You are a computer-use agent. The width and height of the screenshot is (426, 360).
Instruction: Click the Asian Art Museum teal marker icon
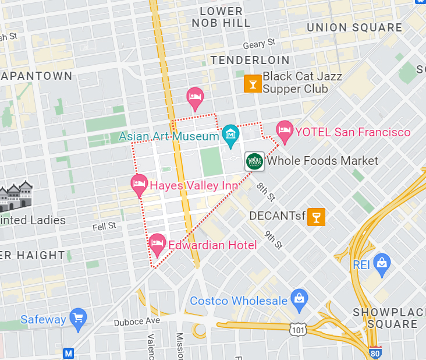point(230,135)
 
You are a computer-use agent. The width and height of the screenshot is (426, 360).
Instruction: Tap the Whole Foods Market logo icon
point(254,161)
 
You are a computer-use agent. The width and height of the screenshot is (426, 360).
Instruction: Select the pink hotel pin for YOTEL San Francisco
point(284,131)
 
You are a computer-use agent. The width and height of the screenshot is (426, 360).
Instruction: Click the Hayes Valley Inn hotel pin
point(139,184)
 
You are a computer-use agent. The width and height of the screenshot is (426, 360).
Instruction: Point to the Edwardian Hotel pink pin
point(157,244)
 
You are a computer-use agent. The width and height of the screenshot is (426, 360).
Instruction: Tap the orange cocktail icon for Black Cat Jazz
point(252,84)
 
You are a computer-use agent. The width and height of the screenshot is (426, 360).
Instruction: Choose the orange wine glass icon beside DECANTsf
point(316,216)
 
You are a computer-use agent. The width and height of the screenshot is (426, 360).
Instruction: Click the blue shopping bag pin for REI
point(381,263)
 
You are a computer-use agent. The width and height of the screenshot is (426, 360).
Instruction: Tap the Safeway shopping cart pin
point(77,318)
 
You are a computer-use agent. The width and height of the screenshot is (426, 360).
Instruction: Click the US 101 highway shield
point(297,329)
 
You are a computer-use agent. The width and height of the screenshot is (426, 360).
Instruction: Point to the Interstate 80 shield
point(375,352)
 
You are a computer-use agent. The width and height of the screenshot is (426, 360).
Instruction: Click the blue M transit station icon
point(69,353)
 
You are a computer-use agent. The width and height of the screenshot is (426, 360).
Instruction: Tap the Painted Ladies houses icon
point(16,196)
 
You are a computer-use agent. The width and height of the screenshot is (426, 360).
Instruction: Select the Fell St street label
point(104,225)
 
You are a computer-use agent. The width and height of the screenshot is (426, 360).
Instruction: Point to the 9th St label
point(273,239)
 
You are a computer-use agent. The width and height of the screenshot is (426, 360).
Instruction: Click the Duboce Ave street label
point(136,321)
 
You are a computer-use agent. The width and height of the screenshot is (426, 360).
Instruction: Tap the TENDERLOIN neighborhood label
point(250,60)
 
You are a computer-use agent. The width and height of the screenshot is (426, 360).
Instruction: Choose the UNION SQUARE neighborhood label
point(354,27)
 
